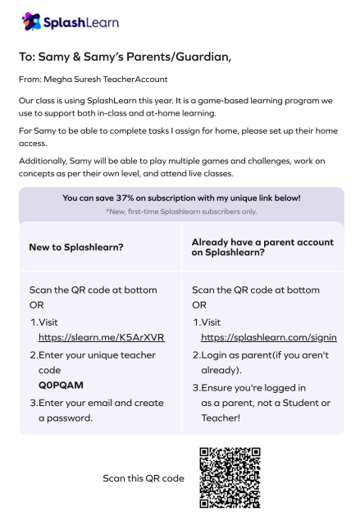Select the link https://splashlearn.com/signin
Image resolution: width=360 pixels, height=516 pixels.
point(268,337)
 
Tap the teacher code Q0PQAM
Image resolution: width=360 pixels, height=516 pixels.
point(61,384)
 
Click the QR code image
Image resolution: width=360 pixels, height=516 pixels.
point(230,477)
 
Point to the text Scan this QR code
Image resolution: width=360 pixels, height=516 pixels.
point(144,478)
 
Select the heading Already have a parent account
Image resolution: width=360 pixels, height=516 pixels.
point(262,242)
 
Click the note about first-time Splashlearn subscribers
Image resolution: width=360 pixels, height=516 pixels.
point(180,212)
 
